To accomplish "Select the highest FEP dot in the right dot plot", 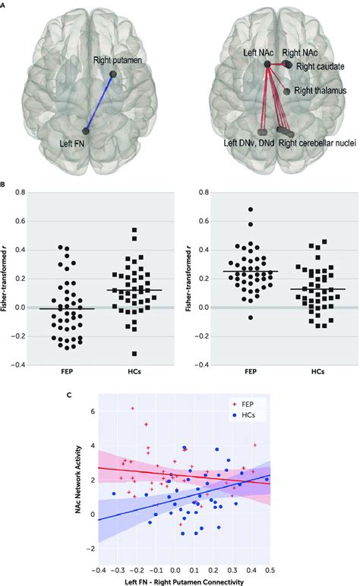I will tap(249, 209).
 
